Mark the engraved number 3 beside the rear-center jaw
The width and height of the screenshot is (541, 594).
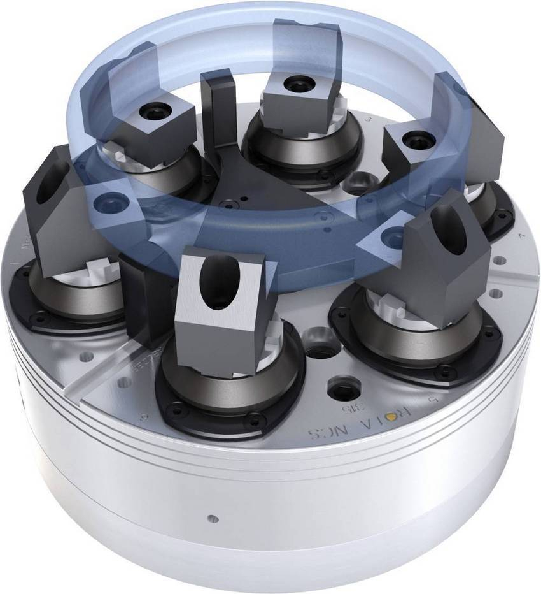[367, 119]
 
